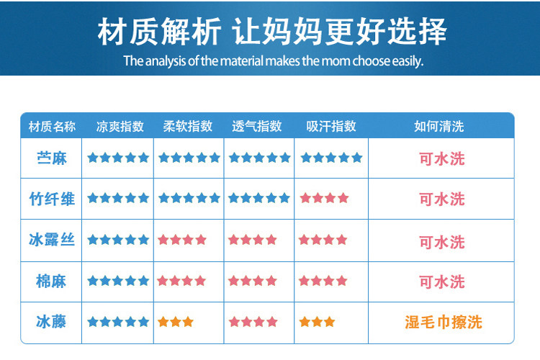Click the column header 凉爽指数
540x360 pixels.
pos(120,127)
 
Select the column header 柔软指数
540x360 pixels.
pos(188,127)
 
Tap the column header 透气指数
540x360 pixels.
pos(257,127)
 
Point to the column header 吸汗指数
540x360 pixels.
pos(331,127)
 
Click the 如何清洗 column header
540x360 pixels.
pos(439,127)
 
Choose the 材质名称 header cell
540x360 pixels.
pos(52,127)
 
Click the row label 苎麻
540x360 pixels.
pos(52,158)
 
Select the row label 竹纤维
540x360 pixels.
pos(52,199)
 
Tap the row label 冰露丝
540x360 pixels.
pos(52,240)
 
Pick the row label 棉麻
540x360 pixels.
pos(51,281)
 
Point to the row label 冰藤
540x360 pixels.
pos(51,322)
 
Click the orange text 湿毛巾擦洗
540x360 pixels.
pos(444,323)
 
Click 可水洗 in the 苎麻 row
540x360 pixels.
pos(442,159)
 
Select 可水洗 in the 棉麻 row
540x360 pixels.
pos(442,282)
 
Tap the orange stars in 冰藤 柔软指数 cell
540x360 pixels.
pos(176,322)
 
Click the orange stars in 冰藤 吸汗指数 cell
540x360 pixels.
pos(318,322)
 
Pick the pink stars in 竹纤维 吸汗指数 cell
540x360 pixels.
pos(325,198)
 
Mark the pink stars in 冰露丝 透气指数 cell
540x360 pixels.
pos(253,240)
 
